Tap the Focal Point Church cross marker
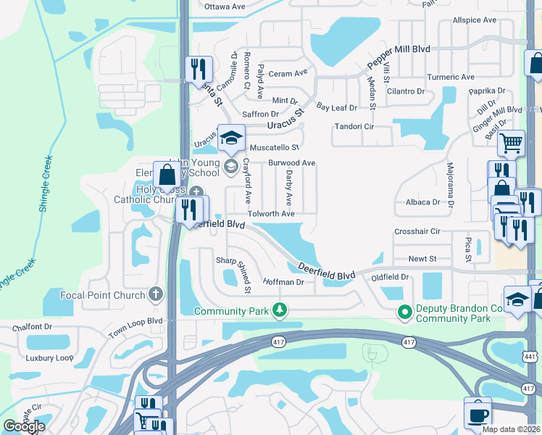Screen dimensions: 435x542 [154, 295]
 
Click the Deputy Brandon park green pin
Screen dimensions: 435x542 [404, 312]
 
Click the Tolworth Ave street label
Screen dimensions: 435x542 [271, 214]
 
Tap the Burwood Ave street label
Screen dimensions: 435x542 [292, 163]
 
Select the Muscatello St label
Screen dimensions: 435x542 [269, 146]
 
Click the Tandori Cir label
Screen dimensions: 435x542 [353, 126]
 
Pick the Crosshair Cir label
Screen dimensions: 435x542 [417, 231]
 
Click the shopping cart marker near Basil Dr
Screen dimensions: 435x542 [511, 143]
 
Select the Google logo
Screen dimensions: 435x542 [23, 426]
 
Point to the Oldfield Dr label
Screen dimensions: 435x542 [391, 277]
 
